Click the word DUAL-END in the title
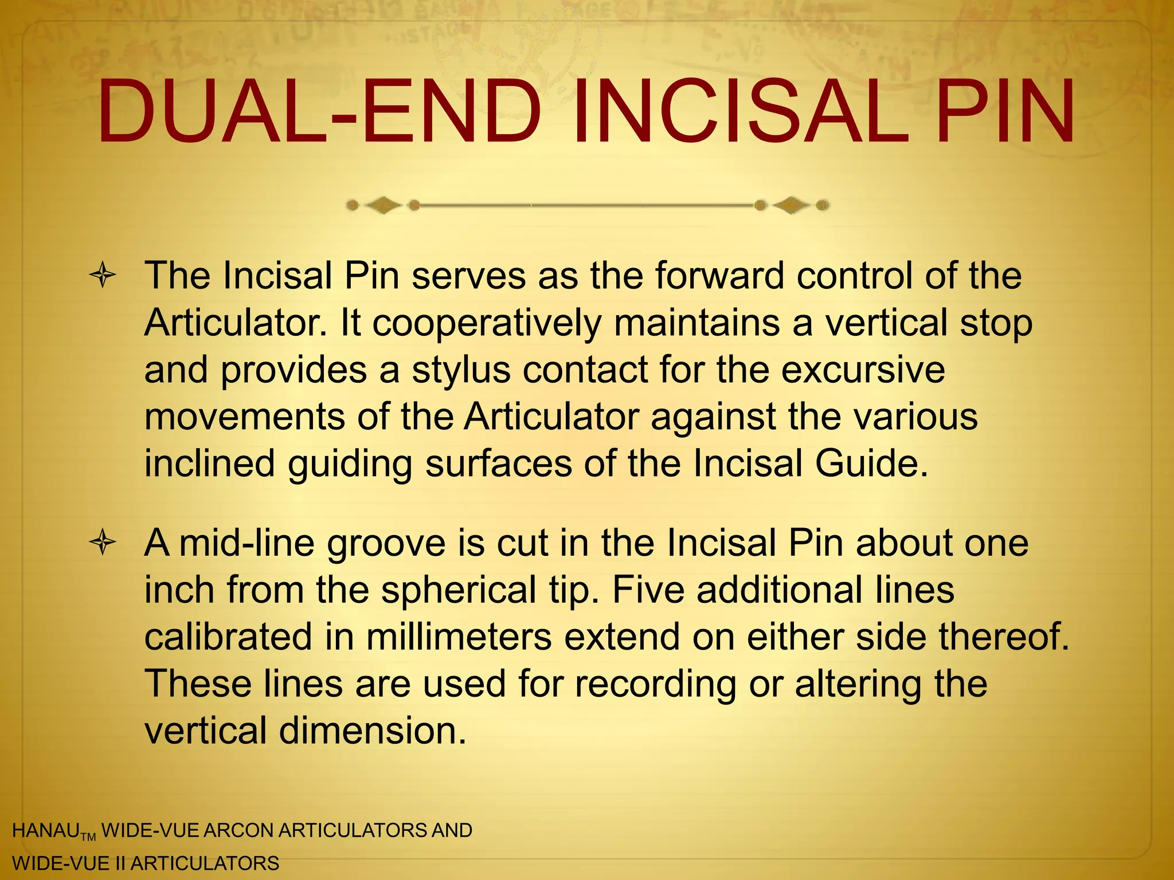[319, 112]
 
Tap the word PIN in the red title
[1006, 112]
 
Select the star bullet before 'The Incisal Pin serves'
[103, 276]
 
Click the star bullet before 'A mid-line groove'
[103, 543]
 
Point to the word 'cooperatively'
[487, 324]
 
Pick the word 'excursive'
[863, 370]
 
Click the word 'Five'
[648, 590]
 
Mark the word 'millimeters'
[459, 637]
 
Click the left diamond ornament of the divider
[383, 205]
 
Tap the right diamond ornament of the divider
[792, 205]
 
